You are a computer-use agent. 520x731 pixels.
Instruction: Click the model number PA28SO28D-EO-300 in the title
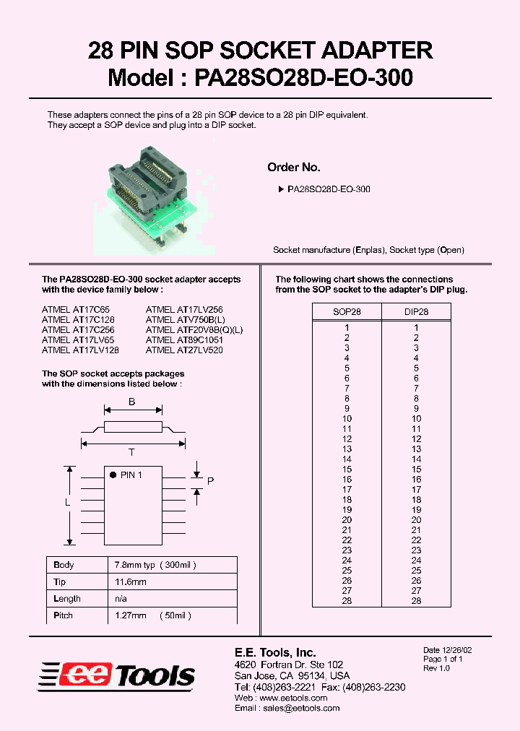[x=303, y=78]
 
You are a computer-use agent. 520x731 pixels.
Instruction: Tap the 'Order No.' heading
[x=293, y=167]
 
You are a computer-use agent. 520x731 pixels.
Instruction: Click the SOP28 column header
[x=347, y=312]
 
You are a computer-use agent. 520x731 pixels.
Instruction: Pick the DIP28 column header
[x=416, y=312]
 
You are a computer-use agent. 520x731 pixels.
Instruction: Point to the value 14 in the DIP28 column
[x=416, y=459]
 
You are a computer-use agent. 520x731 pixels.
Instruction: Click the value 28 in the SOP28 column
[x=347, y=601]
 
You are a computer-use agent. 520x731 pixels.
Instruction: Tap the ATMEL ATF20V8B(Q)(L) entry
[x=194, y=329]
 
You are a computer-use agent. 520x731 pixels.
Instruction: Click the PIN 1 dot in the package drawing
[x=113, y=475]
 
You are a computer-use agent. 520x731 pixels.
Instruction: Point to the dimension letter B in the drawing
[x=131, y=404]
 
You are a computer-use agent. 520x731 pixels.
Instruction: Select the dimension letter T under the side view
[x=131, y=453]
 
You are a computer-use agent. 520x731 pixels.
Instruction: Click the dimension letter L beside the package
[x=67, y=502]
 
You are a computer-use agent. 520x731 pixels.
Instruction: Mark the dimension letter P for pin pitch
[x=210, y=481]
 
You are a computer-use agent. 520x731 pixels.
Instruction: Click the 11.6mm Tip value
[x=131, y=581]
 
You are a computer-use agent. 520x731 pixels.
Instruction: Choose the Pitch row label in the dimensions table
[x=63, y=615]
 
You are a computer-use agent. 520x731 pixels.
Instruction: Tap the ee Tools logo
[x=117, y=674]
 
